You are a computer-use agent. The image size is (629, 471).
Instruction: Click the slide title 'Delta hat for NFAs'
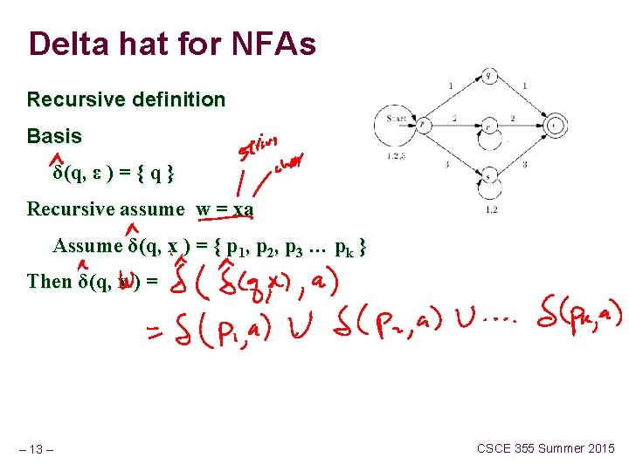[x=171, y=44]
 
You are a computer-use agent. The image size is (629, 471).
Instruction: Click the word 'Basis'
[x=54, y=136]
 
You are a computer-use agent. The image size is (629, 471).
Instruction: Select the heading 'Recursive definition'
[x=126, y=99]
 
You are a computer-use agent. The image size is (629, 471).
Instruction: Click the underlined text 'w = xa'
[x=225, y=209]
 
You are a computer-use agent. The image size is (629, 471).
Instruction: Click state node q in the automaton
[x=489, y=76]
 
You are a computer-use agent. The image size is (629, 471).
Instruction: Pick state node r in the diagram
[x=490, y=125]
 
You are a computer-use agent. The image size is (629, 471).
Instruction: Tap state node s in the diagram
[x=490, y=176]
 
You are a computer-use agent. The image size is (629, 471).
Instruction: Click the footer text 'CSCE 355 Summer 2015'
[x=545, y=448]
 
